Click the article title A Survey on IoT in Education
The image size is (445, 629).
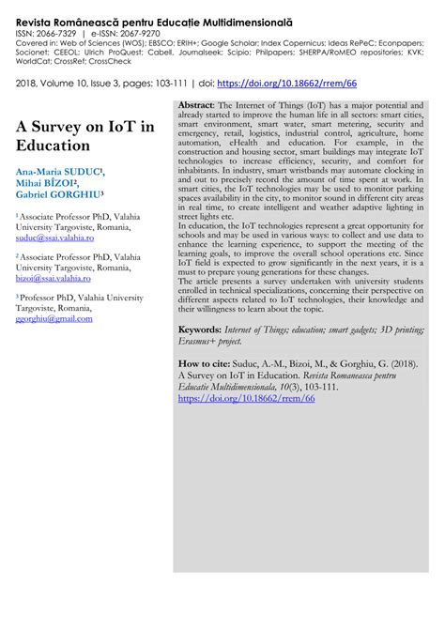pyautogui.click(x=84, y=136)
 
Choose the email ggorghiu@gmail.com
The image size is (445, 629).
pyautogui.click(x=54, y=319)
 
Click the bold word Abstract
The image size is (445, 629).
pyautogui.click(x=196, y=105)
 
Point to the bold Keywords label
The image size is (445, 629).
pyautogui.click(x=200, y=331)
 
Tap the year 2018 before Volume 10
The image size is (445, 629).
pyautogui.click(x=27, y=84)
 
